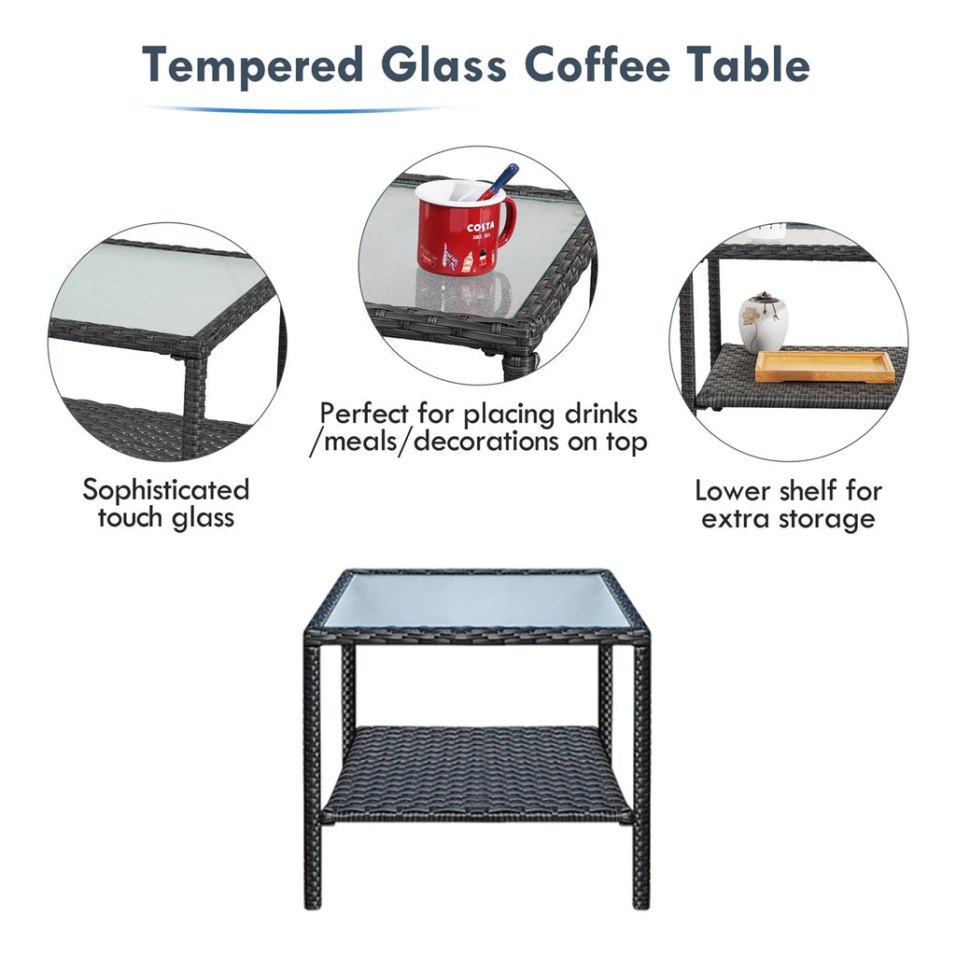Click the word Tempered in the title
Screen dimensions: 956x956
pos(252,65)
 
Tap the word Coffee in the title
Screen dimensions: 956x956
pos(597,63)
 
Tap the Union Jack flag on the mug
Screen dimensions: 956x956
pos(450,260)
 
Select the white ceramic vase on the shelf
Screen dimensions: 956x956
pos(764,322)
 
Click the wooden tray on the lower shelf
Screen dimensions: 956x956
pos(825,366)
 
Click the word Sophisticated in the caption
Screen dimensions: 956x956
pos(166,490)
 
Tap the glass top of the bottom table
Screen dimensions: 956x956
pos(476,600)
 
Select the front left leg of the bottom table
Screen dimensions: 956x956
pos(312,774)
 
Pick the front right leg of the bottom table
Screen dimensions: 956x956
pos(641,774)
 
